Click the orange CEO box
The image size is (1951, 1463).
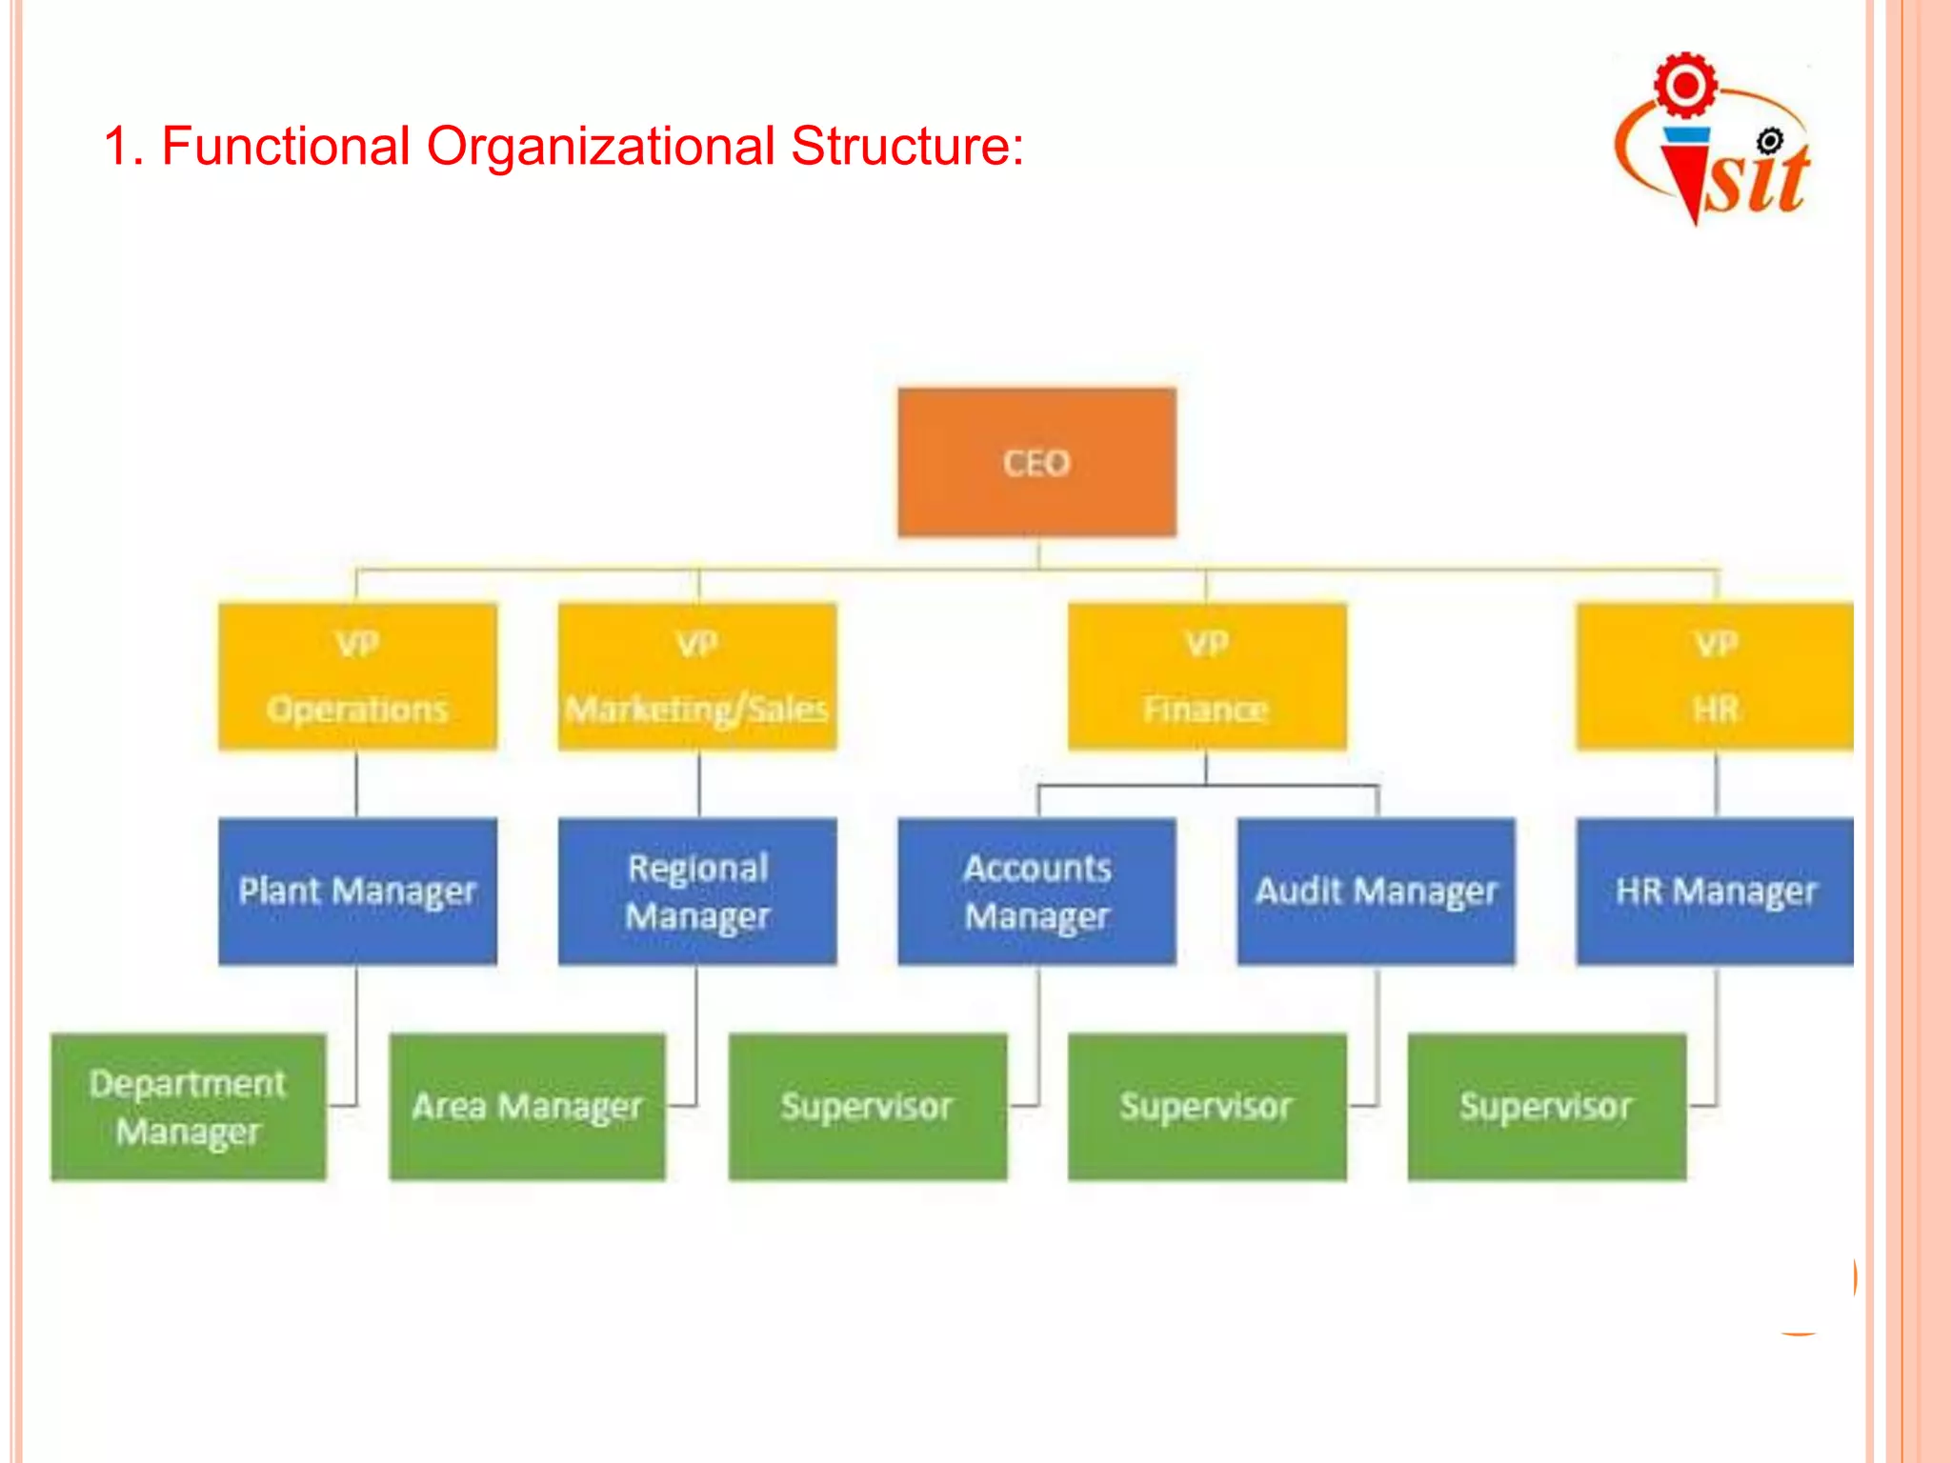[1036, 463]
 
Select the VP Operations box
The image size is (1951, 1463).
[357, 676]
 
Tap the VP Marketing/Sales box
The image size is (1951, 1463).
[697, 676]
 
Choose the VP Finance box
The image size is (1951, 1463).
[1206, 676]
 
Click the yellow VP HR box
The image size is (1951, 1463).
[1715, 676]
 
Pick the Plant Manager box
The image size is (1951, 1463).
[357, 892]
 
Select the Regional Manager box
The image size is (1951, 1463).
[697, 892]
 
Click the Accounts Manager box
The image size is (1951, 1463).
[1036, 892]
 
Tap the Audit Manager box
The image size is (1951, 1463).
[1376, 892]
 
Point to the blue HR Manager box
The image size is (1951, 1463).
[1715, 892]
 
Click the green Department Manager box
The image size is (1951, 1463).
[189, 1107]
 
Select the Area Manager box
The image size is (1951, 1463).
[527, 1107]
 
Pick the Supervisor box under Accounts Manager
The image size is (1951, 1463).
[867, 1107]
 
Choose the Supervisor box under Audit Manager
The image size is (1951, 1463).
[1206, 1107]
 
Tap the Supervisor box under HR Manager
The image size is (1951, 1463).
[1546, 1107]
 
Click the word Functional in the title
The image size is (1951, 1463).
[286, 147]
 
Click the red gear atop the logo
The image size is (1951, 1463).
[1685, 86]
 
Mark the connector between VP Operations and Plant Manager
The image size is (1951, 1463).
[357, 784]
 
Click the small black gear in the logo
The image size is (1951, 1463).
[1769, 142]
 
